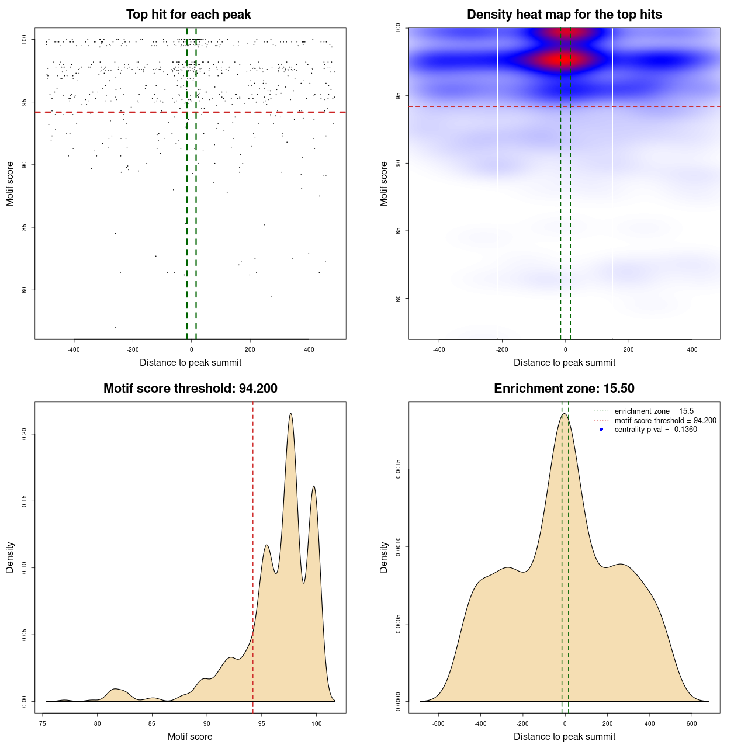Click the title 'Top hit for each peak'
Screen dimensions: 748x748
pyautogui.click(x=189, y=15)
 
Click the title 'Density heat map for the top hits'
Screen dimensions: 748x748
pyautogui.click(x=564, y=15)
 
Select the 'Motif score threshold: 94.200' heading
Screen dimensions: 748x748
pyautogui.click(x=190, y=389)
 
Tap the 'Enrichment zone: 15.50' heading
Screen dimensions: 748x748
pyautogui.click(x=564, y=389)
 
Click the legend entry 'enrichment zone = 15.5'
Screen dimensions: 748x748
pyautogui.click(x=654, y=411)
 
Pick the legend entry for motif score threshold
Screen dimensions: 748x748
pyautogui.click(x=665, y=420)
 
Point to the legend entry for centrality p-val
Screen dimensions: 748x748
pyautogui.click(x=656, y=430)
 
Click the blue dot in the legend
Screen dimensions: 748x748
pyautogui.click(x=601, y=430)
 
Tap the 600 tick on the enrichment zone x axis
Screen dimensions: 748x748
pyautogui.click(x=692, y=723)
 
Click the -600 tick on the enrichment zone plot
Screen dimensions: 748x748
pyautogui.click(x=438, y=723)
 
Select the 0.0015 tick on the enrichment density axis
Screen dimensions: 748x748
pyautogui.click(x=398, y=469)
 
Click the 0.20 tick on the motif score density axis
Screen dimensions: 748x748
pyautogui.click(x=24, y=434)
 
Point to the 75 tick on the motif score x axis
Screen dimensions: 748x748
pyautogui.click(x=43, y=723)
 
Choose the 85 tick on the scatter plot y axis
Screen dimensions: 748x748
pyautogui.click(x=24, y=227)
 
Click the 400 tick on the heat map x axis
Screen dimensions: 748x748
pyautogui.click(x=692, y=349)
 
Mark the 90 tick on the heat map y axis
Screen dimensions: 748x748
pyautogui.click(x=398, y=163)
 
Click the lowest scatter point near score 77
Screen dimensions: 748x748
pyautogui.click(x=115, y=327)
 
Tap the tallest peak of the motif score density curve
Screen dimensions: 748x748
pyautogui.click(x=290, y=414)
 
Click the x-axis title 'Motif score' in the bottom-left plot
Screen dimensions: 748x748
pyautogui.click(x=190, y=736)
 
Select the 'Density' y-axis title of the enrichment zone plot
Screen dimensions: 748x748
pyautogui.click(x=384, y=557)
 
